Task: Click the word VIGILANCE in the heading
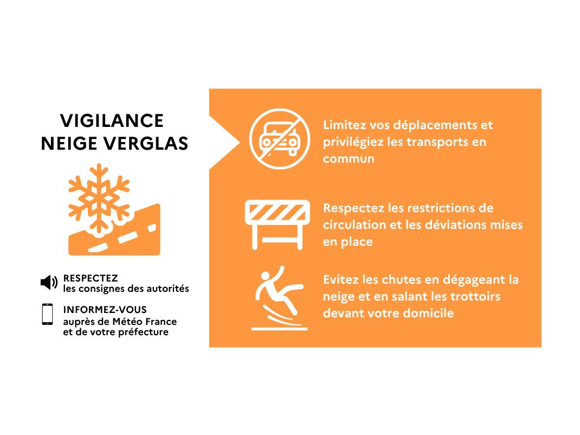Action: [x=112, y=121]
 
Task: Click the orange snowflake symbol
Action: [x=99, y=199]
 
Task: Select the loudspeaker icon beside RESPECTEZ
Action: [x=49, y=283]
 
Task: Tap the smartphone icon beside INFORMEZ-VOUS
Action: [x=47, y=314]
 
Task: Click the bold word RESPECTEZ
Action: [x=91, y=278]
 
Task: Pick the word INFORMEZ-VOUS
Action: [x=105, y=310]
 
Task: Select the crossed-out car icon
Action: [x=280, y=139]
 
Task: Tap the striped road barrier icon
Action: [x=278, y=225]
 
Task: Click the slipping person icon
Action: [x=279, y=298]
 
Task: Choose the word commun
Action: [x=349, y=159]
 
